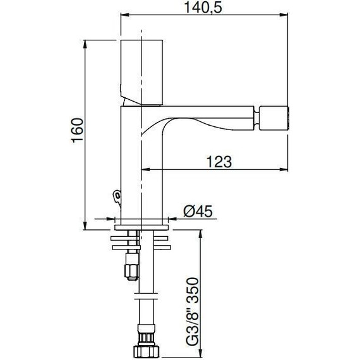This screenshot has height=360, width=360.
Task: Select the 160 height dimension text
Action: (x=76, y=129)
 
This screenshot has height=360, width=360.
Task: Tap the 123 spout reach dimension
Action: (x=219, y=161)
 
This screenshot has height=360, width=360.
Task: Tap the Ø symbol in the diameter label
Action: (x=187, y=211)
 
